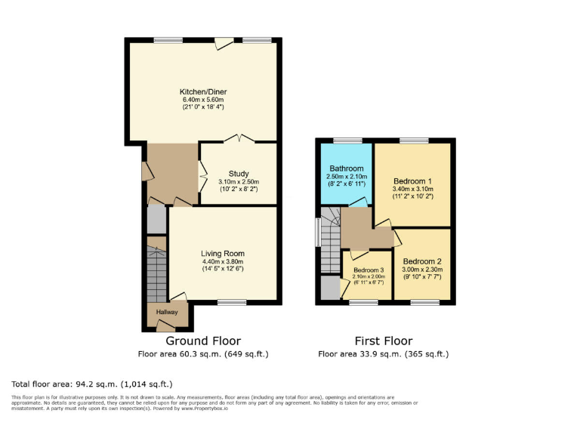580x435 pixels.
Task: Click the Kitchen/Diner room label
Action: tap(203, 91)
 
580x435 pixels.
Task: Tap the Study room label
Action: tap(239, 174)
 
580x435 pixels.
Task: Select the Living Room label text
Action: tap(223, 253)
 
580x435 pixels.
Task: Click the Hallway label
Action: tap(167, 312)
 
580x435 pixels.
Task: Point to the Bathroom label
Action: tap(344, 168)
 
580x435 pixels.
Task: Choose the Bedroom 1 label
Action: tap(412, 181)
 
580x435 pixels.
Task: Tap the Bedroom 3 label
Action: tap(369, 270)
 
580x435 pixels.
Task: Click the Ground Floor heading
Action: tap(203, 341)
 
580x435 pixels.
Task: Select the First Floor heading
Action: tap(384, 341)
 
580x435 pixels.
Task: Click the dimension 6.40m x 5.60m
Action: tap(203, 100)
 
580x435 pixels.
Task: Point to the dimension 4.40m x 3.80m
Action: tap(223, 261)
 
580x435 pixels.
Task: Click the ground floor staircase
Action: tap(156, 272)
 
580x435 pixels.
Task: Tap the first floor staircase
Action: tap(330, 245)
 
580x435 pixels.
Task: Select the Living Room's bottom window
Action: tap(231, 303)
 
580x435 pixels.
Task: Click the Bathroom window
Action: tap(347, 140)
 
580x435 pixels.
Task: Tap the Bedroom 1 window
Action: tap(414, 140)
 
